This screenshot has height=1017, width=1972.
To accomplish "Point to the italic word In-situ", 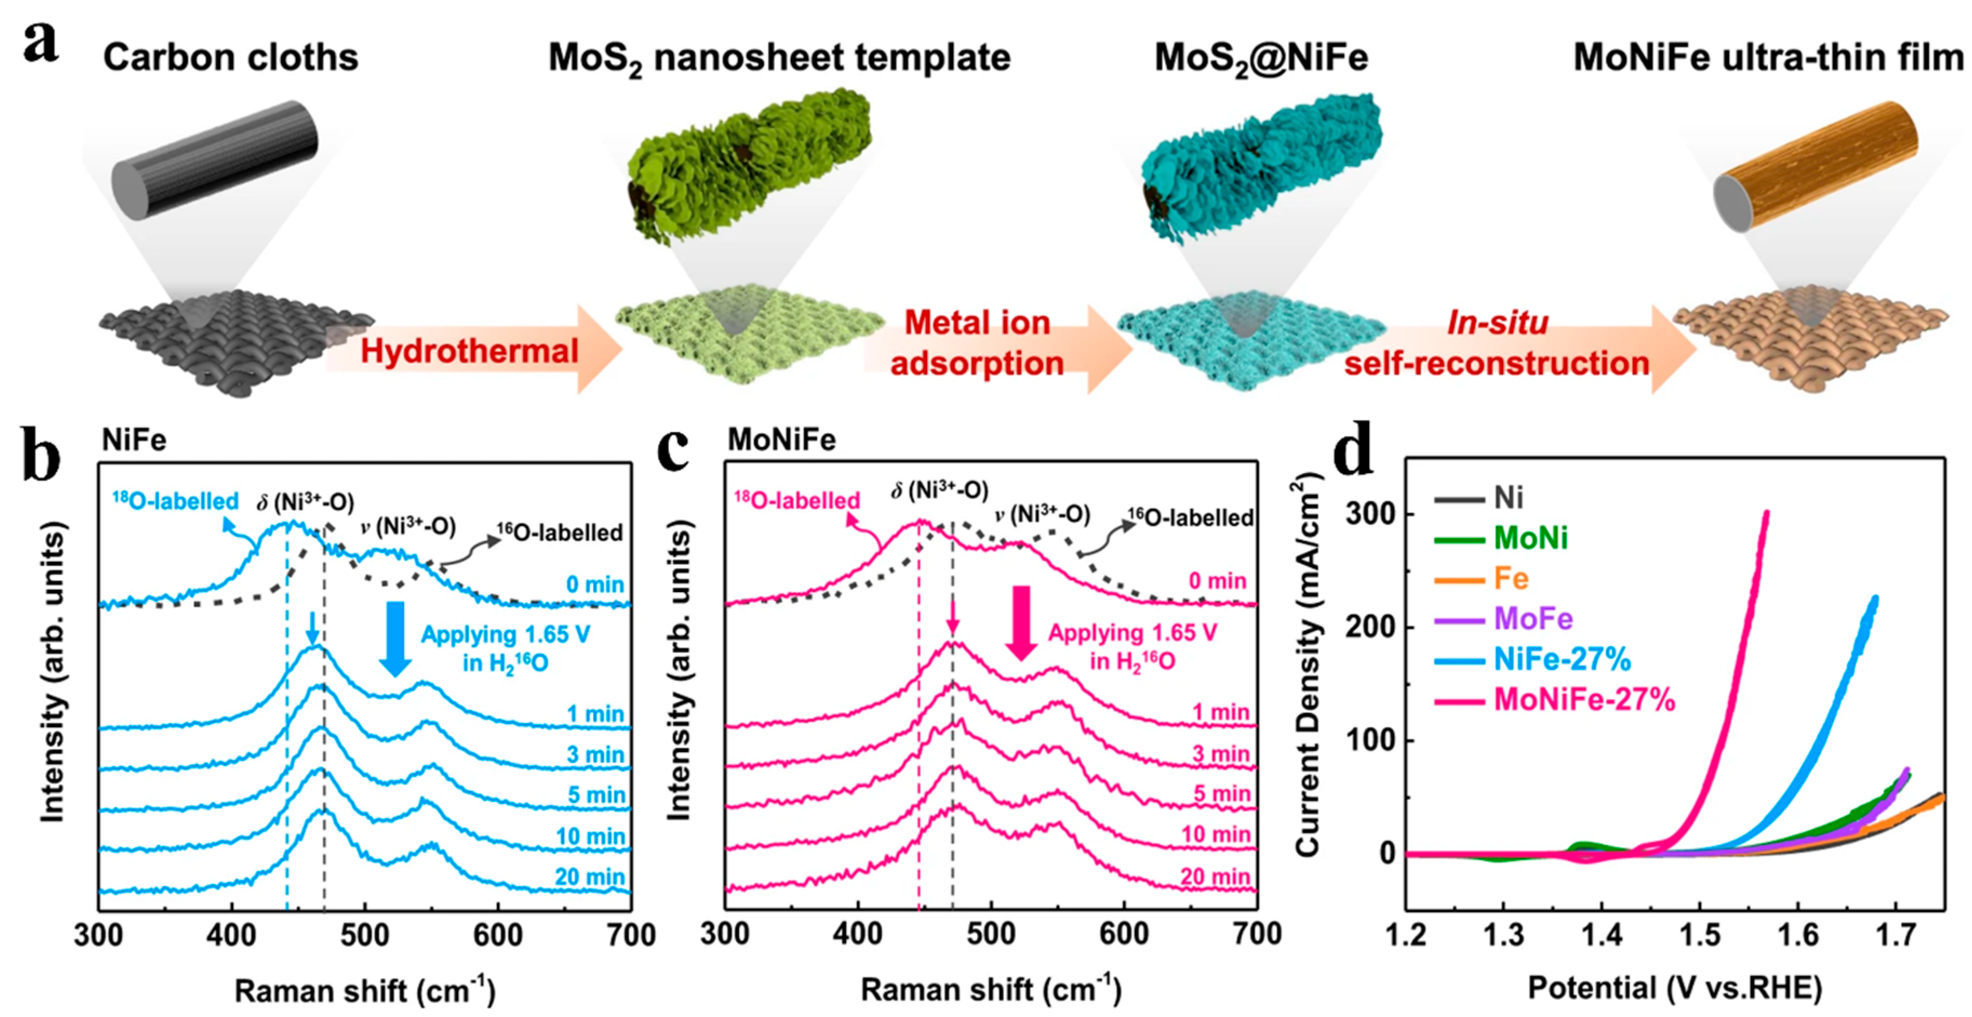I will pos(1498,322).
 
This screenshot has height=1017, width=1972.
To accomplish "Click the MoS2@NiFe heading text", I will pos(1261,58).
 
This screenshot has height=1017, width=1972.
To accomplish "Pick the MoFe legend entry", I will pos(1533,619).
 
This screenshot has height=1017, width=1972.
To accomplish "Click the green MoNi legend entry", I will pos(1530,539).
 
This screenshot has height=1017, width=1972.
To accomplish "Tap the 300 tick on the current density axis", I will pos(1370,513).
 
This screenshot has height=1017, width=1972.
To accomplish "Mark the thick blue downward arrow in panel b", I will pos(395,638).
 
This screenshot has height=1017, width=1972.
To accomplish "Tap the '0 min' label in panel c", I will pos(1217,581).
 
